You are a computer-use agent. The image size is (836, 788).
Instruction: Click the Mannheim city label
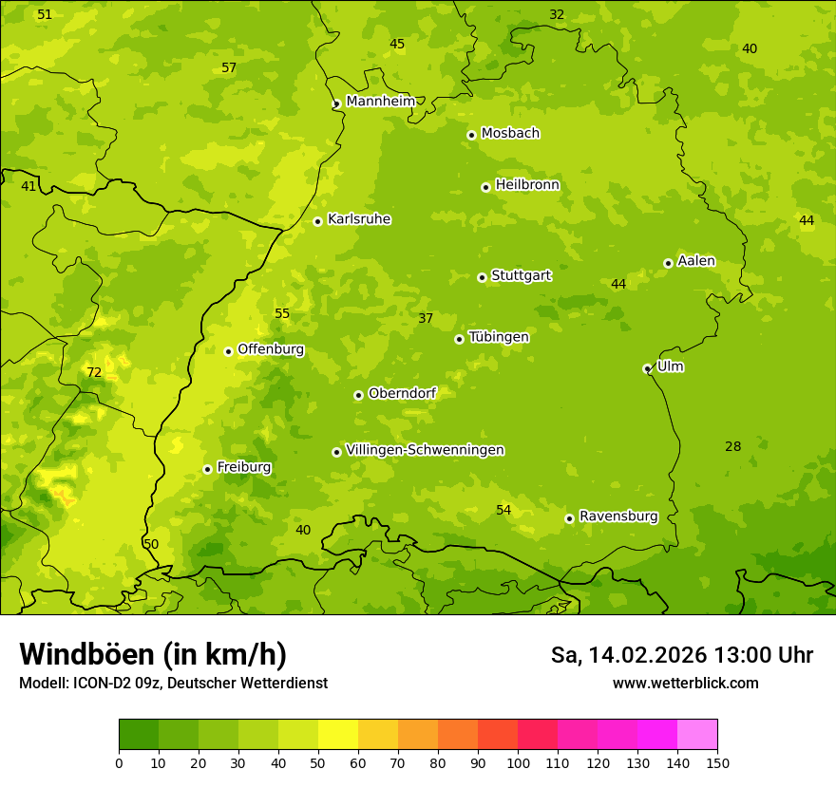(x=380, y=101)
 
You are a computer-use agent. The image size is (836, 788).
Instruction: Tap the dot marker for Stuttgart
(x=482, y=277)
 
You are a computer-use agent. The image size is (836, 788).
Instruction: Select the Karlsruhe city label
(x=359, y=219)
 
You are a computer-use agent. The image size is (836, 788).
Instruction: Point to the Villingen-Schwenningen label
(x=425, y=450)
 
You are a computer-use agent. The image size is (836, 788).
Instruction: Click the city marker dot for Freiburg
(x=207, y=469)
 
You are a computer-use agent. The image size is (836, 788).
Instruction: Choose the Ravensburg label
(x=618, y=516)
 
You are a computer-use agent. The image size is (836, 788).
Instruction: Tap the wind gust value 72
(x=94, y=372)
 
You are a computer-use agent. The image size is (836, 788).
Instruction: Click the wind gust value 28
(x=732, y=446)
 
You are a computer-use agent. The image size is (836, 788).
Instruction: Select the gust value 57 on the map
(x=229, y=67)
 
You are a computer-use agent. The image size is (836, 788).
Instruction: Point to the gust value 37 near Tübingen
(x=426, y=318)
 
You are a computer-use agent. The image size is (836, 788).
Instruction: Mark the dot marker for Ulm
(x=647, y=368)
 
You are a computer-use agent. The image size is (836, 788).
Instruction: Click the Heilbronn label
(x=527, y=185)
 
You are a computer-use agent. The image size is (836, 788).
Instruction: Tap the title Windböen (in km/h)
(x=153, y=654)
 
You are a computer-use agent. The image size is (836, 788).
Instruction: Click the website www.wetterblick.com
(x=685, y=683)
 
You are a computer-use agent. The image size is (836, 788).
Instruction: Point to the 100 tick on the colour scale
(x=518, y=762)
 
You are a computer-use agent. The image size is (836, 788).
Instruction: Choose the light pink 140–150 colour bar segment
(x=697, y=735)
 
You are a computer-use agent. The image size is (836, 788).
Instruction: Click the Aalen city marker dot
(x=668, y=263)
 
